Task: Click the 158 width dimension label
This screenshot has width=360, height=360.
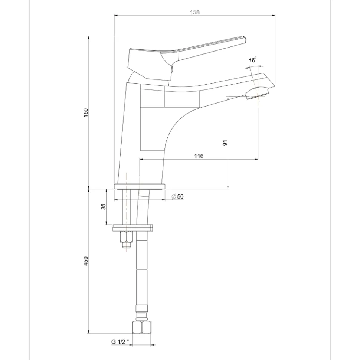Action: (x=195, y=12)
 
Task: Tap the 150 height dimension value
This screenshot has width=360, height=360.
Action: (x=86, y=113)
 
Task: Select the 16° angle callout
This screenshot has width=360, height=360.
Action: (x=252, y=60)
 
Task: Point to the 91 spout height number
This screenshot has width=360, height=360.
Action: (x=225, y=143)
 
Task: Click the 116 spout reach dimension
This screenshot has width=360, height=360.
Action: (x=199, y=156)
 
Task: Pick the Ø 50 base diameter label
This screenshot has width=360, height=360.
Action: (x=177, y=197)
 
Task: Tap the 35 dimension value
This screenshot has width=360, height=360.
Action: (x=104, y=206)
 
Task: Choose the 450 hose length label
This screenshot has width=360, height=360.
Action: (x=86, y=261)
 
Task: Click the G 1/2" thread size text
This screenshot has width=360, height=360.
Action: (x=119, y=342)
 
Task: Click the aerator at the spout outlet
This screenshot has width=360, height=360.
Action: (x=257, y=94)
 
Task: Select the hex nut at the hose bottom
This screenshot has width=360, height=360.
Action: (x=142, y=327)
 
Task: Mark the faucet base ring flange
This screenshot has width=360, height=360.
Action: (x=140, y=186)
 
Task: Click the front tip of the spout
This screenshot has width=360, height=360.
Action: (x=275, y=86)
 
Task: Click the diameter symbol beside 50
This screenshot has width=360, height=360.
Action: (x=174, y=197)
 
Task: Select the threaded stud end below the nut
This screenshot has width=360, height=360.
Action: (x=126, y=245)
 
